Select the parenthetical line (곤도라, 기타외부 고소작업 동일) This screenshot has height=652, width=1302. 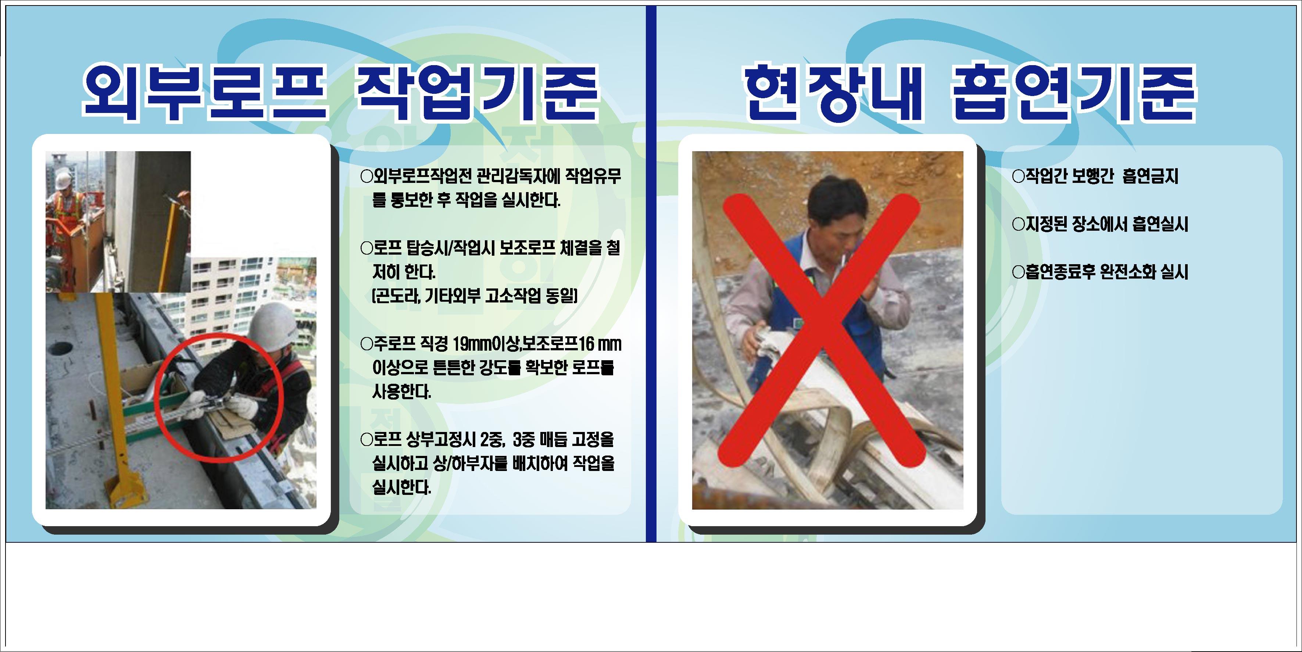(x=474, y=295)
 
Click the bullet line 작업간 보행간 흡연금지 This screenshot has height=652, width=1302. (x=1096, y=176)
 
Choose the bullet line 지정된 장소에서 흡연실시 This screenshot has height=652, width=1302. (x=1100, y=224)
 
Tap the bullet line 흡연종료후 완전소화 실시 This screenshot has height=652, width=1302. (x=1100, y=272)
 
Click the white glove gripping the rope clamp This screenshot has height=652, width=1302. (x=243, y=406)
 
